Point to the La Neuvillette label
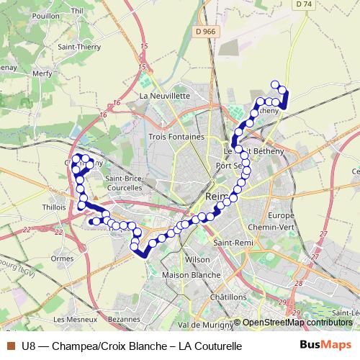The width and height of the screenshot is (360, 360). (164, 95)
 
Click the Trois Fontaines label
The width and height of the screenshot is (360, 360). (176, 136)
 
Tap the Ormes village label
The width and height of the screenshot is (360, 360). (62, 258)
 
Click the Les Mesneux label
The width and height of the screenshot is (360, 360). (71, 319)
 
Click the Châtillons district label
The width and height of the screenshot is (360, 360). (229, 297)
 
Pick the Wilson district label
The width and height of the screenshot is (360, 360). (197, 259)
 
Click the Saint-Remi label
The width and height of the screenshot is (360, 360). (232, 243)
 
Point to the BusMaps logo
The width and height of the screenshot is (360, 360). (325, 346)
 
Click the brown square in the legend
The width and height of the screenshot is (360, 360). (11, 346)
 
